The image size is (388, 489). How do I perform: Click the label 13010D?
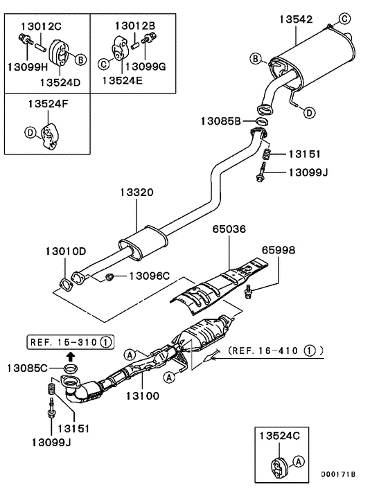(67, 250)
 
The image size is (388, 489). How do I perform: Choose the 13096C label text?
(147, 276)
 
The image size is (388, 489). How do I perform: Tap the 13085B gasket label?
(221, 121)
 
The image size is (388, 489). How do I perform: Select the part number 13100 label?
(142, 396)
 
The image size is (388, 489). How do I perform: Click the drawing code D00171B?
(337, 475)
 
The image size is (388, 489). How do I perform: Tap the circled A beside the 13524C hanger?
(299, 460)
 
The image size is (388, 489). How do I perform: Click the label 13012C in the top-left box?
(41, 26)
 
